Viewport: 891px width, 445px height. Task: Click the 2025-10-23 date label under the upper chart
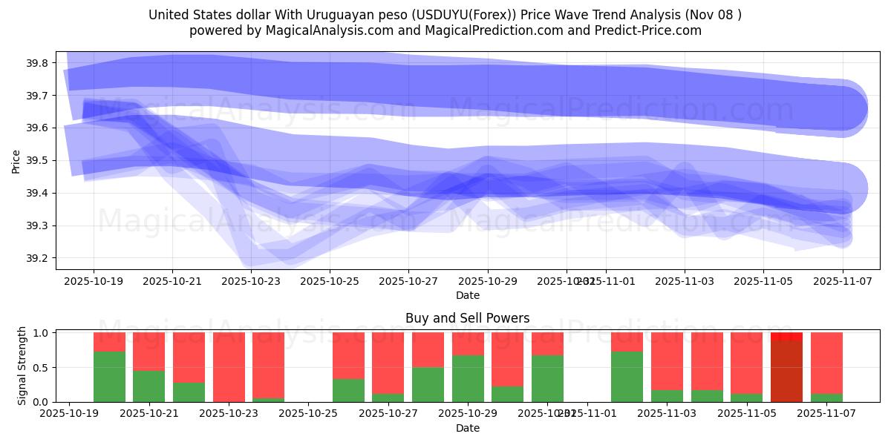pyautogui.click(x=252, y=281)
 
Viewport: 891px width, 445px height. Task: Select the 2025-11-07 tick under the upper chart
pyautogui.click(x=843, y=281)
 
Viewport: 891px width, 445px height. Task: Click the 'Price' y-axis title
pyautogui.click(x=16, y=161)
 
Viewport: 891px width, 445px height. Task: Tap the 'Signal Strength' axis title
pyautogui.click(x=22, y=366)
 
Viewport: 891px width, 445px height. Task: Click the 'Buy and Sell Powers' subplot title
pyautogui.click(x=468, y=318)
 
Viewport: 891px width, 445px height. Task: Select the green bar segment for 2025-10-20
pyautogui.click(x=109, y=377)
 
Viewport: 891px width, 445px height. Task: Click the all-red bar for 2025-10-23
pyautogui.click(x=229, y=367)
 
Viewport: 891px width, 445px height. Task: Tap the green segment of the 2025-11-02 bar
pyautogui.click(x=627, y=377)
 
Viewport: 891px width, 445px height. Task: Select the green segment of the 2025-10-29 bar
pyautogui.click(x=468, y=378)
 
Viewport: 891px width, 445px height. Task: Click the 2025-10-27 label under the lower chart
pyautogui.click(x=388, y=414)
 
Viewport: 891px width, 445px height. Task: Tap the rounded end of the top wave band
pyautogui.click(x=846, y=109)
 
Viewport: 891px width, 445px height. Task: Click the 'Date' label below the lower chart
pyautogui.click(x=468, y=428)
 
